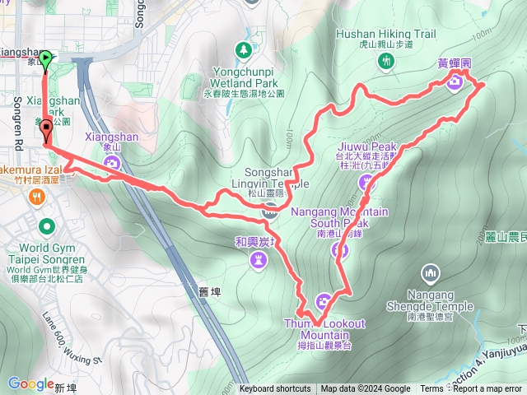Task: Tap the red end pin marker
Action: coord(46,128)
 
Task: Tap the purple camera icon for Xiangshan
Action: coord(113,162)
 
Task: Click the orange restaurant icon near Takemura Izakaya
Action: coord(37,197)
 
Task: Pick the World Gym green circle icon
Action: coord(47,225)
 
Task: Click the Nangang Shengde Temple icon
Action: coord(428,272)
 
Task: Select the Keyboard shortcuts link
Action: coord(275,389)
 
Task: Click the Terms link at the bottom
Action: coord(431,389)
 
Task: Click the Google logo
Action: coord(30,383)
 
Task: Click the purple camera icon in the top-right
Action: coord(455,81)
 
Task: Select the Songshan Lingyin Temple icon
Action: coord(268,211)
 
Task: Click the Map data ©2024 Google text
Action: coord(366,389)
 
